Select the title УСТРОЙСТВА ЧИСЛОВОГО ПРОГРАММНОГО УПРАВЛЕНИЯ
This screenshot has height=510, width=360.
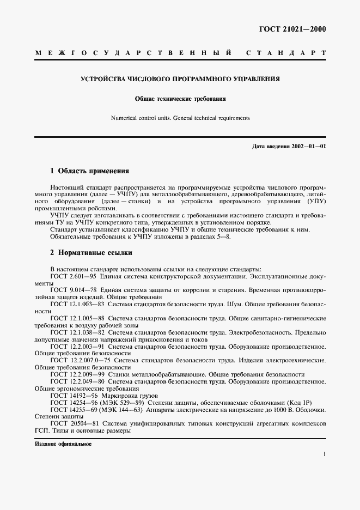coord(180,79)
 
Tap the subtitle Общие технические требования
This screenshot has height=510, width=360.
coord(180,99)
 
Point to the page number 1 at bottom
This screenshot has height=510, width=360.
coord(324,453)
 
